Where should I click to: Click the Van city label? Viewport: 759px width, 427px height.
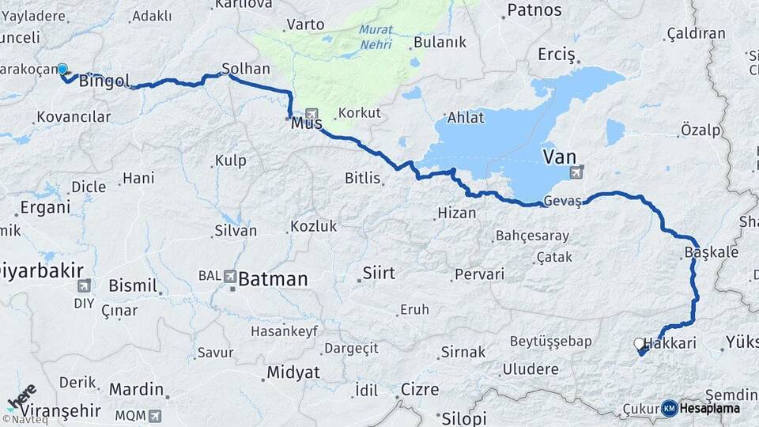(x=559, y=155)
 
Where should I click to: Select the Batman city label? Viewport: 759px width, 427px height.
(x=273, y=278)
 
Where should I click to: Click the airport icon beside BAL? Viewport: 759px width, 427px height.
(x=230, y=277)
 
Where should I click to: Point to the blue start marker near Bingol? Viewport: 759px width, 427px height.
(x=62, y=70)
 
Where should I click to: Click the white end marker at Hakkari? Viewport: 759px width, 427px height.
(x=638, y=343)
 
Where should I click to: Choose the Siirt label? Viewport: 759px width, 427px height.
(x=378, y=274)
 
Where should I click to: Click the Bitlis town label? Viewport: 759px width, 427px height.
(x=363, y=178)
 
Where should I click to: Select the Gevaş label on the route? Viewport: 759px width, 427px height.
(x=562, y=202)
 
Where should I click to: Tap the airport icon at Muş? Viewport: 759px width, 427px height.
(x=312, y=114)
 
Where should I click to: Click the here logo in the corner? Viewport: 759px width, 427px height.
(x=21, y=399)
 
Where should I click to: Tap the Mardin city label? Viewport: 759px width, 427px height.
(x=136, y=389)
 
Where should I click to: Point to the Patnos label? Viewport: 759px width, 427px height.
(x=534, y=10)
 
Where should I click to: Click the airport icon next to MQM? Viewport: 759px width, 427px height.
(x=154, y=415)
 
